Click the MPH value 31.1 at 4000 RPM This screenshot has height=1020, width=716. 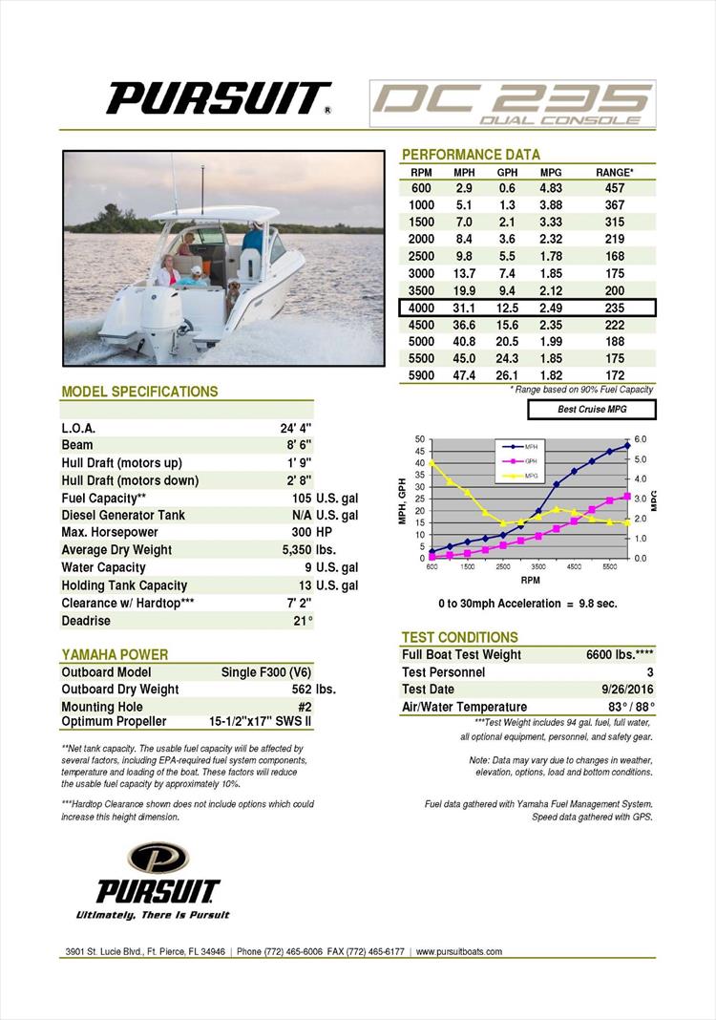point(465,308)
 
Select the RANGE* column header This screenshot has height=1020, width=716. point(614,172)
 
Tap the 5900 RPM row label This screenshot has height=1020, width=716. point(421,375)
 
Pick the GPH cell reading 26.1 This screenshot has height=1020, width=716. point(507,375)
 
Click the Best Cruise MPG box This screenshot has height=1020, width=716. point(592,410)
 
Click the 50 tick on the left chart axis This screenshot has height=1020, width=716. point(420,438)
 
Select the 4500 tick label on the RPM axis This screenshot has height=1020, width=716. point(574,566)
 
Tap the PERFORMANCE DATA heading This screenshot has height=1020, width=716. point(471,155)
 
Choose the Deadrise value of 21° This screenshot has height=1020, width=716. point(304,621)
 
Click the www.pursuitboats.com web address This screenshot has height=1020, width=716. point(458,951)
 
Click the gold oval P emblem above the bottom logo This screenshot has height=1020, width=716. point(158,857)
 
